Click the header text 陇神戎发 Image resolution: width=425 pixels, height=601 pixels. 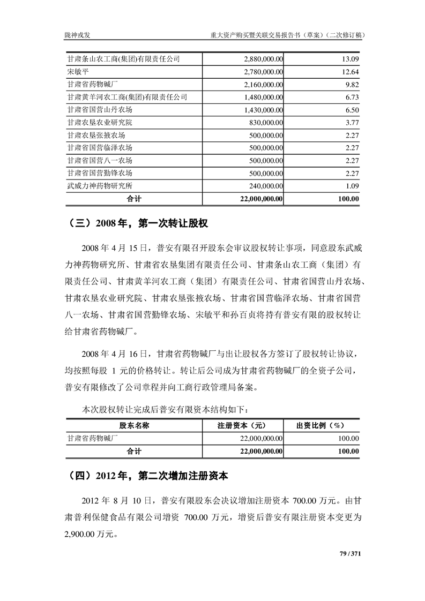(x=77, y=35)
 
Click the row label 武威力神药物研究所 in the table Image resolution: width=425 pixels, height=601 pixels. (x=100, y=186)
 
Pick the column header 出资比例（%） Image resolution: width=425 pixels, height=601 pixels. (x=320, y=426)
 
